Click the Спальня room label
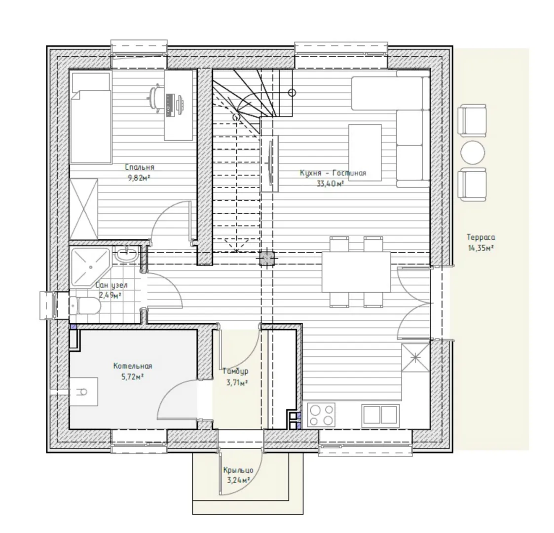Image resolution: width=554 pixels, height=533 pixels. click(140, 167)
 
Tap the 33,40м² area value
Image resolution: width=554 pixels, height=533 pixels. click(331, 184)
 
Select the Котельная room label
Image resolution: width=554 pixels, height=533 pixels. click(133, 366)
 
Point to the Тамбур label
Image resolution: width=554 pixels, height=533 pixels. click(235, 372)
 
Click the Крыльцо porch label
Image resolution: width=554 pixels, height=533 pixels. click(238, 470)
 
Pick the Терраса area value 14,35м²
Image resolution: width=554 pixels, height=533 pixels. click(480, 248)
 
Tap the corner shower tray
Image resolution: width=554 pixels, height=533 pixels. click(90, 267)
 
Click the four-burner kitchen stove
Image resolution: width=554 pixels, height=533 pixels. click(321, 415)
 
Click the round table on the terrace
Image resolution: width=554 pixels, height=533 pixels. click(473, 152)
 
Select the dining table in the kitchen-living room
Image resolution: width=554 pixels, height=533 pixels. click(356, 272)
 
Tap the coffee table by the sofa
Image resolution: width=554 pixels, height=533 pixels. click(365, 152)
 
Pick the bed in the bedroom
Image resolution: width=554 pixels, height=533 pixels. click(90, 117)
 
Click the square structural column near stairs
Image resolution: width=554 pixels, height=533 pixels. click(267, 259)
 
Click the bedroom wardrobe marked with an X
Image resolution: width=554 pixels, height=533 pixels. click(84, 209)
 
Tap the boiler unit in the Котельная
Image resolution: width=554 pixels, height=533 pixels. click(83, 392)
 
